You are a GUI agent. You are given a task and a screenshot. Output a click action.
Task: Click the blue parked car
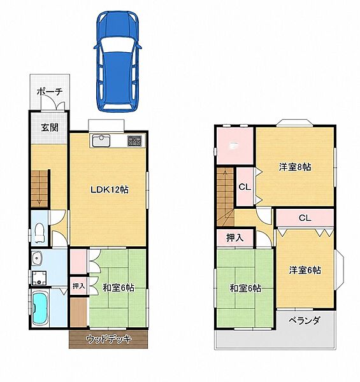pos(117,62)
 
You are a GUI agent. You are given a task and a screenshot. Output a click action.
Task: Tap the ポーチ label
pos(50,92)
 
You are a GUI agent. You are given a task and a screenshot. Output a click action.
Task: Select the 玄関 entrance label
pos(50,127)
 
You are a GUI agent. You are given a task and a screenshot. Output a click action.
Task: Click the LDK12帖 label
pos(110,190)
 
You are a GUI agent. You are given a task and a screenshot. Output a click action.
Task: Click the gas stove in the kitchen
pos(134,141)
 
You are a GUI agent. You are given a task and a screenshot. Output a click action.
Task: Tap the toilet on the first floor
pos(40,233)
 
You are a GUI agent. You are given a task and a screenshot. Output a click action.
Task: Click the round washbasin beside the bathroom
pos(37,258)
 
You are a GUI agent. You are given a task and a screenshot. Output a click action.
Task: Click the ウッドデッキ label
pos(109,339)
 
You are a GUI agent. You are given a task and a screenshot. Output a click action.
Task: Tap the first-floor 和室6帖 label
pos(119,288)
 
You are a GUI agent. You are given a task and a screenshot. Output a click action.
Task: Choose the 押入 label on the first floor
pos(78,286)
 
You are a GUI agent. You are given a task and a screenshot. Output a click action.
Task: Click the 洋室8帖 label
pos(294,167)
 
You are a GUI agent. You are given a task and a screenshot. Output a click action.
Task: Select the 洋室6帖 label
pos(305,270)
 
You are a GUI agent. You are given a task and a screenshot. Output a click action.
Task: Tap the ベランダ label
pos(304,321)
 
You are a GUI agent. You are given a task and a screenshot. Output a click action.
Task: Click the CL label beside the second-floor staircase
pos(245,187)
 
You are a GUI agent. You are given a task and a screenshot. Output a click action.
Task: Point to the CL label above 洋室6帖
pos(305,218)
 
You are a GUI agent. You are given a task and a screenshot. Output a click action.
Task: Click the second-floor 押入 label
pos(235,237)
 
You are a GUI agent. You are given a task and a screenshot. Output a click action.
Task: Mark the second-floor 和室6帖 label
pos(245,288)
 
